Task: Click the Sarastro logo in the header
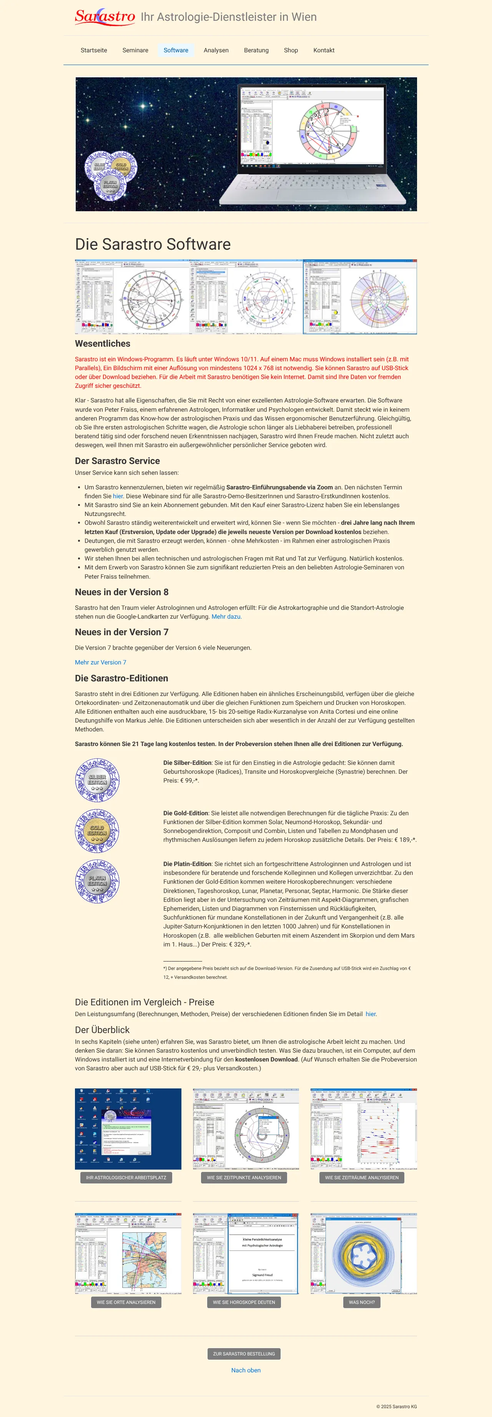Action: pos(105,17)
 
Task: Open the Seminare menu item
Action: pos(135,50)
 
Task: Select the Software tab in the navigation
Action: pos(176,50)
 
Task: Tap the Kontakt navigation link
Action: pos(324,50)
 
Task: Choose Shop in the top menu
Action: pos(291,50)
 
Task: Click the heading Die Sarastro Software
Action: pos(153,244)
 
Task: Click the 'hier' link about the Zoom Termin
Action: pos(118,496)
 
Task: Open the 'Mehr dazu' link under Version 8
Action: pos(226,617)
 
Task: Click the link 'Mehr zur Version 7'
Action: pos(101,662)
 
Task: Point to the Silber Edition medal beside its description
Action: pos(97,780)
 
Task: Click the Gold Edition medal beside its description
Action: pos(97,831)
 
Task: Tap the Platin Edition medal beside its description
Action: pos(97,881)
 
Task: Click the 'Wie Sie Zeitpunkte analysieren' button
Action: pos(244,1178)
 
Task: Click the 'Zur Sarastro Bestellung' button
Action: pos(244,1354)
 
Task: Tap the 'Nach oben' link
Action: pos(246,1370)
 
